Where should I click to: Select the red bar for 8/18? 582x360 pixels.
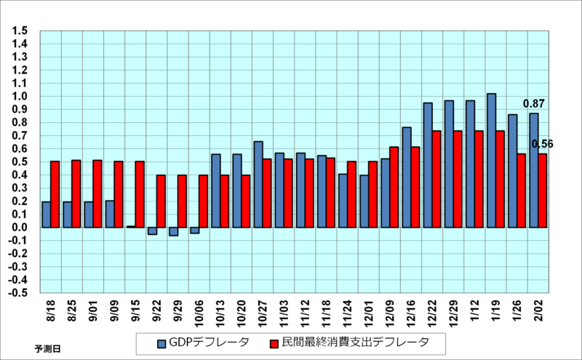tap(55, 194)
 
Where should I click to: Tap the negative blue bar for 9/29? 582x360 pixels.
tap(173, 231)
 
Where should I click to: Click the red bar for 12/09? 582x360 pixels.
tap(394, 187)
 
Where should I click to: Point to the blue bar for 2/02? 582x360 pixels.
tap(533, 170)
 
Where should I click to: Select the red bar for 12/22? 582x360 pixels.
tap(436, 179)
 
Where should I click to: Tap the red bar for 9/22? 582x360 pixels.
tap(161, 201)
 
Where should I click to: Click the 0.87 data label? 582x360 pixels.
tap(534, 104)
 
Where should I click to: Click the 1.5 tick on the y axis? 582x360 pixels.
tap(20, 31)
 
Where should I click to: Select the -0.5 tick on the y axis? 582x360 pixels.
tap(18, 293)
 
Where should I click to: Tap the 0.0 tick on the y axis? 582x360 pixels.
tap(20, 228)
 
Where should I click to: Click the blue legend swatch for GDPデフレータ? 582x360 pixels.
tap(162, 341)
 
